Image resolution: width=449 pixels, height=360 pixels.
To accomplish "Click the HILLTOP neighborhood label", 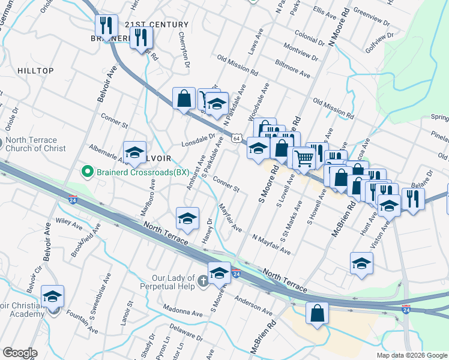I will coord(35,71).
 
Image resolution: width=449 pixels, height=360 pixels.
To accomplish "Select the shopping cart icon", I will coord(305,158).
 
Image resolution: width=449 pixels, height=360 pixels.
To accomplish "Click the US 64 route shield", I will coord(238,139).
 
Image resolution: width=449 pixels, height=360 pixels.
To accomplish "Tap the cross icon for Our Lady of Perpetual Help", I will coord(203,280).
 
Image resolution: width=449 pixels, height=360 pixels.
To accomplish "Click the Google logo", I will coord(20,352).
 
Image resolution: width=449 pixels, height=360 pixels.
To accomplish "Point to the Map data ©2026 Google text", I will coord(411,355).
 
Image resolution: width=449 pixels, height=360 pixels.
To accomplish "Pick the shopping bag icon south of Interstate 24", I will coord(317,314).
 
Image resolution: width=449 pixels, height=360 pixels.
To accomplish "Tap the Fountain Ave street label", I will coord(82,321).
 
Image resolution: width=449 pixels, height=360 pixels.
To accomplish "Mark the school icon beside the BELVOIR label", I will coord(135,152).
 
